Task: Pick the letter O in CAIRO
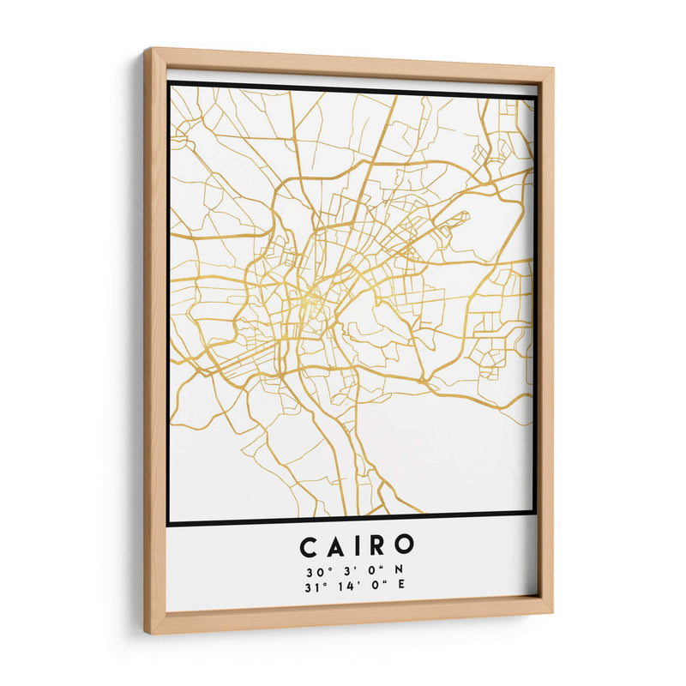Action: [x=405, y=546]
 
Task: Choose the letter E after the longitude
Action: [x=400, y=587]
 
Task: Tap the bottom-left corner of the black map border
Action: [x=169, y=522]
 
